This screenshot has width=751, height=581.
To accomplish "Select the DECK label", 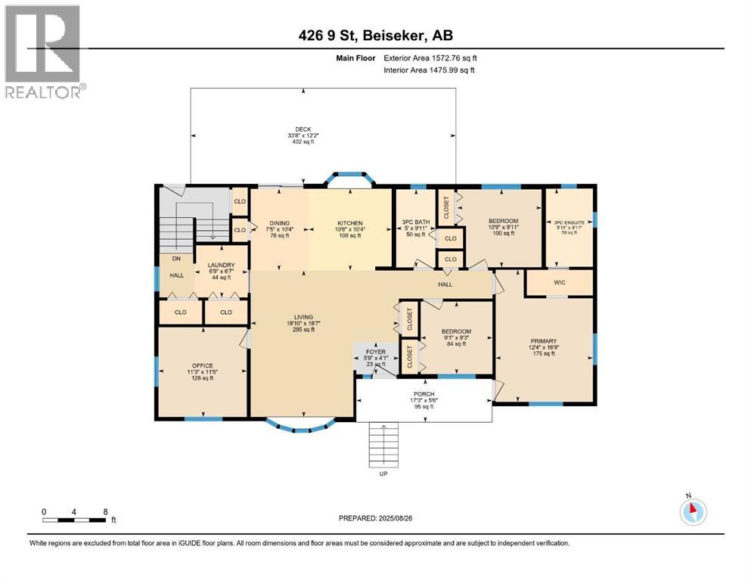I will (x=303, y=129).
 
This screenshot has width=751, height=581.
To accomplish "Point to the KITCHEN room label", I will (x=350, y=223).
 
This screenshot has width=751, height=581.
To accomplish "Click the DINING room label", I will (x=280, y=223).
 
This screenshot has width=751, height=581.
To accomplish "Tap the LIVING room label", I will (x=304, y=317).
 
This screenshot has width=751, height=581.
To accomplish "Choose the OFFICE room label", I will (x=202, y=365).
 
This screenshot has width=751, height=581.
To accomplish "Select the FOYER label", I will (x=375, y=352).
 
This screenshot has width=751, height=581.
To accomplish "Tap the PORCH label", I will (x=423, y=393).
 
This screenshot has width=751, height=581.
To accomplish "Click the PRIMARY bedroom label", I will (x=543, y=341).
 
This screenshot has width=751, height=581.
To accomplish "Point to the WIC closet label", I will (x=559, y=281).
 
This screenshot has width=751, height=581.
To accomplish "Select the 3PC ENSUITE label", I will (x=569, y=223).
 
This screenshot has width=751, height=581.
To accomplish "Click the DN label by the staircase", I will (x=175, y=258).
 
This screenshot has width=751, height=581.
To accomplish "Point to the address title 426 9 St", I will (x=374, y=35).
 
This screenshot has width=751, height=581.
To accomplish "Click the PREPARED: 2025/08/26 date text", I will (x=374, y=518).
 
